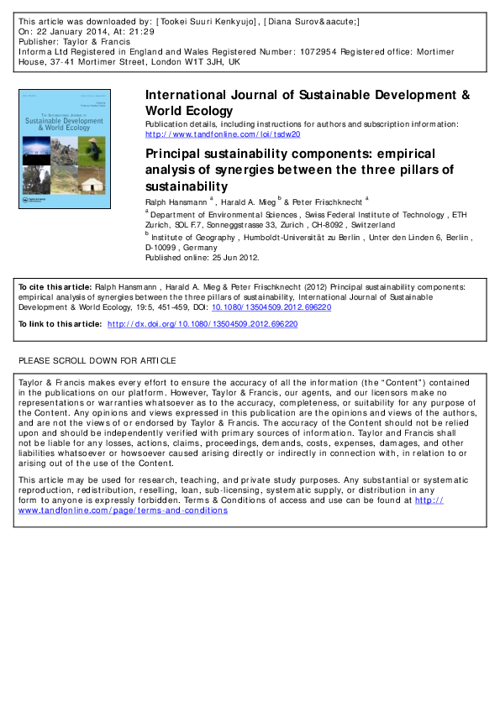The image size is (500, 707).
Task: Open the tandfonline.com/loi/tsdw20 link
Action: coord(223,134)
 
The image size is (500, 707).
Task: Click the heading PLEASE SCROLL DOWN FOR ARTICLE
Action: coord(97,360)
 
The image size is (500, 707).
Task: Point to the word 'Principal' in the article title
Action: coord(175,154)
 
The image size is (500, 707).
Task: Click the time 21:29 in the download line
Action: coord(136,29)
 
